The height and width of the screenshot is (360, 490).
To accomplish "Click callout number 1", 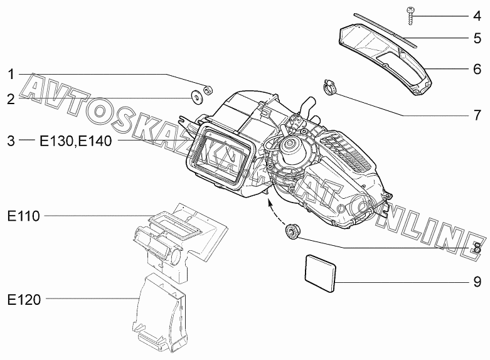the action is point(11,75).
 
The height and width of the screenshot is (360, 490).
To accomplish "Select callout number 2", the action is point(11,99).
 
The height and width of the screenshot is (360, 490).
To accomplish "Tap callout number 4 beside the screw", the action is point(477,16).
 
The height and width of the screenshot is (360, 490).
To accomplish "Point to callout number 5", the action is point(477,38).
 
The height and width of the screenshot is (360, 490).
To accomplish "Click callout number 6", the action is point(477,69).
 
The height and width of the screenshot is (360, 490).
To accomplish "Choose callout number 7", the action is point(477,115).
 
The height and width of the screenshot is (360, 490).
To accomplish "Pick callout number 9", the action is point(477,282).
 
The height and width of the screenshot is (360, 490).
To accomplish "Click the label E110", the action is point(24,216).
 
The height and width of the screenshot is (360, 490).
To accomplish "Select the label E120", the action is point(24,300).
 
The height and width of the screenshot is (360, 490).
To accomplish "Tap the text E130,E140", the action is point(76,141).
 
